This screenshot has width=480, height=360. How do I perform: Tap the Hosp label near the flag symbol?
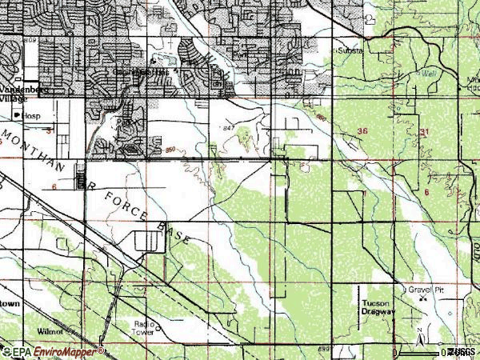30,116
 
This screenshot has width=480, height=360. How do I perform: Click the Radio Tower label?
146,328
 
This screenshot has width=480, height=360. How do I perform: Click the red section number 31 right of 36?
423,132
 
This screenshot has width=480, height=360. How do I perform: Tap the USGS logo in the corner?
462,352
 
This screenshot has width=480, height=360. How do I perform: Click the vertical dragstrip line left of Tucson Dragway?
358,308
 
